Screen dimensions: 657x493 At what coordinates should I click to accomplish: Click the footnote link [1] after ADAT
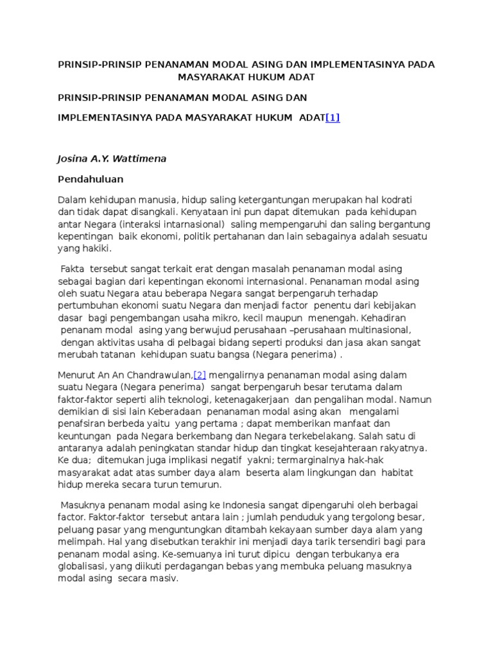[x=333, y=117]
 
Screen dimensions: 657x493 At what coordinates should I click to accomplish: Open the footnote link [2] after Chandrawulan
[x=199, y=375]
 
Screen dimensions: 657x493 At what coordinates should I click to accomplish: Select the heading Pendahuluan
[x=91, y=179]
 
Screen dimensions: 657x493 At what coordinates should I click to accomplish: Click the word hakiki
[x=95, y=248]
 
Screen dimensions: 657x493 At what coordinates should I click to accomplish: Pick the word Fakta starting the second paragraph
[x=73, y=269]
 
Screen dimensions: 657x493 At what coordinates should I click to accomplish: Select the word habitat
[x=399, y=472]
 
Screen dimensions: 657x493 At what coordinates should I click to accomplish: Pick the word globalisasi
[x=82, y=566]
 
